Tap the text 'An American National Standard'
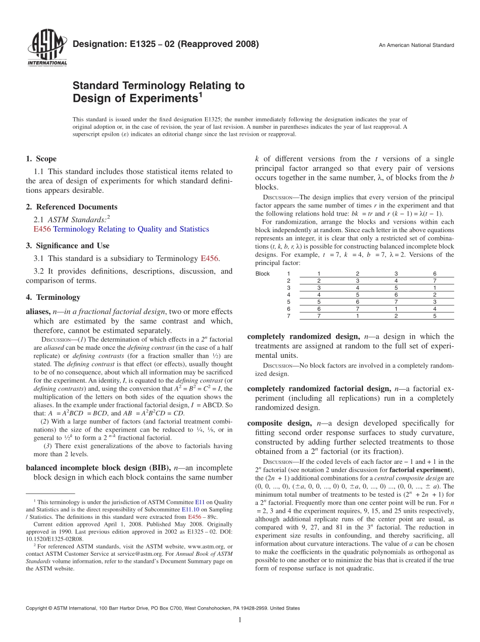(x=416, y=45)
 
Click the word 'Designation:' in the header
(x=97, y=44)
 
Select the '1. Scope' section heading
(x=41, y=159)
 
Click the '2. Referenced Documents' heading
(x=72, y=207)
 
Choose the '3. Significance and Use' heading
(x=68, y=246)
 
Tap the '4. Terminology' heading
(x=53, y=297)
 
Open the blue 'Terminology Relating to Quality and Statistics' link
(x=131, y=229)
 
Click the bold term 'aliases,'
(x=38, y=312)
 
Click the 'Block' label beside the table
(x=263, y=274)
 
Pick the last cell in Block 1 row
(x=435, y=274)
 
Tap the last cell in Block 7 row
(x=435, y=316)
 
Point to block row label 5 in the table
(x=289, y=302)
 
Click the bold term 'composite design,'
(x=280, y=423)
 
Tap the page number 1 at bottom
(x=240, y=620)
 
